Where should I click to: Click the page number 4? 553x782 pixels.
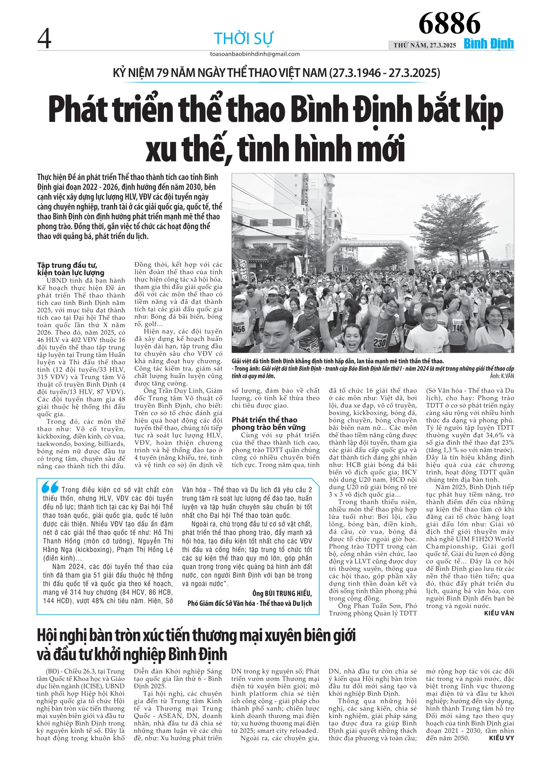tap(44, 38)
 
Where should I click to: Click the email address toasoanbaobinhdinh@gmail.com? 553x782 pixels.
tap(255, 54)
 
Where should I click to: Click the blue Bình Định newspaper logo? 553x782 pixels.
tap(489, 44)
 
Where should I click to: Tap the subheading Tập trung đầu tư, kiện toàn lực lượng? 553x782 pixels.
tap(71, 269)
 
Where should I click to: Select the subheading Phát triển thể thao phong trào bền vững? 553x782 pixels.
tap(268, 423)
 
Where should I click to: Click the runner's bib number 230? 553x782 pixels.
tap(380, 342)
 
